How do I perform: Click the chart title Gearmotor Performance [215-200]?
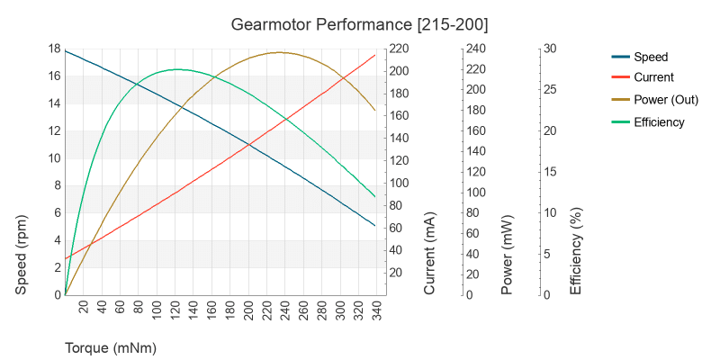(359, 23)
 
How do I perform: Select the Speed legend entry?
(651, 57)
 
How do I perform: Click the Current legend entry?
(653, 77)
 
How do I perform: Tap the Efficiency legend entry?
(659, 122)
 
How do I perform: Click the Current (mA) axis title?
(429, 254)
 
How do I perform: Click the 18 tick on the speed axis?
(54, 49)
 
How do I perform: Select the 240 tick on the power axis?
(476, 49)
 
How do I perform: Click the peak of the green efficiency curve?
(176, 69)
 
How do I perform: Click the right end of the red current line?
(375, 55)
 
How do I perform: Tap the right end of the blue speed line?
(375, 226)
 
